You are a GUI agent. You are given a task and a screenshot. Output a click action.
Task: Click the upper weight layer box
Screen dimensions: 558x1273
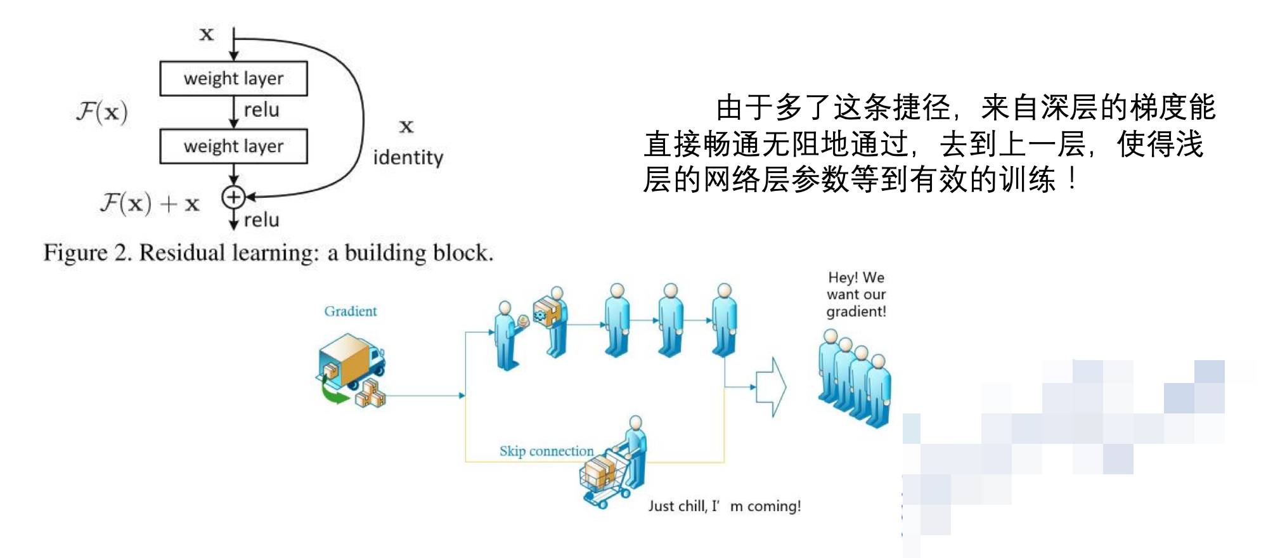233,79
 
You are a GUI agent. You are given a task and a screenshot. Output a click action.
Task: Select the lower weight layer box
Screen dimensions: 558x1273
233,146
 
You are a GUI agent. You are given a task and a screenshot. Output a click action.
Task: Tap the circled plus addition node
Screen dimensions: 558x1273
233,197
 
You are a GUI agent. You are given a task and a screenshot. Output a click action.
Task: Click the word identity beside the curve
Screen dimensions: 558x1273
408,157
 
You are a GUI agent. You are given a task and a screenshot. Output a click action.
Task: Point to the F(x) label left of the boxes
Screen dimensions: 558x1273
102,112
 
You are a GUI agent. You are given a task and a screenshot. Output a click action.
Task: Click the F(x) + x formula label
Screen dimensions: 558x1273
150,204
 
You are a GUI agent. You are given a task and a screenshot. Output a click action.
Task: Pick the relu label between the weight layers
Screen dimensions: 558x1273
261,110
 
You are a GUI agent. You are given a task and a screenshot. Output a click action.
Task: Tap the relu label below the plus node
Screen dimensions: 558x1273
261,220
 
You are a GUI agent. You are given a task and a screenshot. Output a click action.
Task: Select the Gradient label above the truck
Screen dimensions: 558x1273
350,311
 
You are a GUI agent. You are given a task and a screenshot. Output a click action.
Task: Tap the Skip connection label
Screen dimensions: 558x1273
546,451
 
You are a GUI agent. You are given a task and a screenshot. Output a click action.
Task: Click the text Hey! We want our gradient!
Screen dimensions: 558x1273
856,294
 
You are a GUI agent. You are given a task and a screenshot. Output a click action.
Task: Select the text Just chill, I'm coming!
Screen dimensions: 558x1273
724,506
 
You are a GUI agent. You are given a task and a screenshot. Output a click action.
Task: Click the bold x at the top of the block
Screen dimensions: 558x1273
207,34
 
